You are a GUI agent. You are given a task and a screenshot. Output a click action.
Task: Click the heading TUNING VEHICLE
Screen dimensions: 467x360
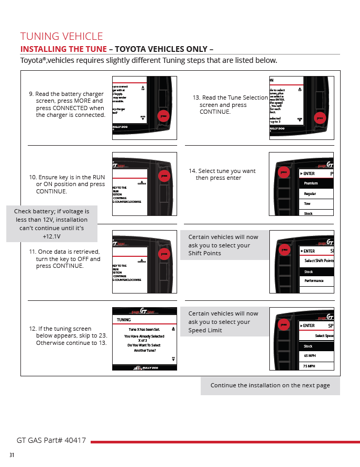coord(61,36)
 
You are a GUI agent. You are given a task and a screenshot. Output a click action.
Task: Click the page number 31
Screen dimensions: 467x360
coord(12,454)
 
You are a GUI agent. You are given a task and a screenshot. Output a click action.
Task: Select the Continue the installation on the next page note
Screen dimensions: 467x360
coord(270,385)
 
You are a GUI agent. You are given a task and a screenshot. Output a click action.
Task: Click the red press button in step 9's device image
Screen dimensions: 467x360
coord(163,116)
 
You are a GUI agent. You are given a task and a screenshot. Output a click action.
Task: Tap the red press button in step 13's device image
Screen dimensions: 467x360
coord(320,118)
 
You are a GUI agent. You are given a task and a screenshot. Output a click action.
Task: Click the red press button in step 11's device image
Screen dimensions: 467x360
coord(164,254)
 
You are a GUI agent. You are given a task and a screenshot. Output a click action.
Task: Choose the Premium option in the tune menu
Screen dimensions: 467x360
coord(311,183)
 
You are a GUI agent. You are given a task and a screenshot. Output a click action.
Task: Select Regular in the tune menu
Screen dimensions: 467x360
coord(310,194)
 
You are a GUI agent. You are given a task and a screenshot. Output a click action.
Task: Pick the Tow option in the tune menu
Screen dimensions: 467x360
coord(308,204)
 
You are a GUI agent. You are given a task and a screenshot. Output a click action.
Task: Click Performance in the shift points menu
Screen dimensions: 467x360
coord(314,281)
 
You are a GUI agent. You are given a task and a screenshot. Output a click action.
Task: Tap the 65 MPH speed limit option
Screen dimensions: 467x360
coord(310,356)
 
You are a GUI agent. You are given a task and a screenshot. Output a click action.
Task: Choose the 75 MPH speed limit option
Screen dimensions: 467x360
coord(310,366)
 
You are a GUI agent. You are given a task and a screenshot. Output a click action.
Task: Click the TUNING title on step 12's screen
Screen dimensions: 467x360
coord(124,319)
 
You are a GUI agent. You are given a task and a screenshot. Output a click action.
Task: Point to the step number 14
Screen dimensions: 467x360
coord(192,171)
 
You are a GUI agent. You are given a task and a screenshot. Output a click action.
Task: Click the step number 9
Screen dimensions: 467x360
coord(30,94)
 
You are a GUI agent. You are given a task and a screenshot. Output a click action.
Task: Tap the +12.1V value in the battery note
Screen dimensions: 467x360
coord(52,236)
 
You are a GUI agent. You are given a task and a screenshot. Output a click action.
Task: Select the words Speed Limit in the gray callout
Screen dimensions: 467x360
coord(205,330)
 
